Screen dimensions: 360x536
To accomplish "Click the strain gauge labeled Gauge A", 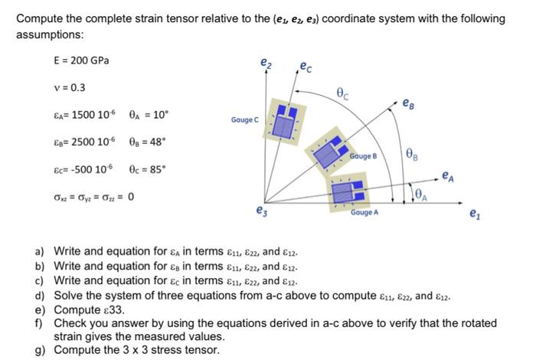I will coord(348,188).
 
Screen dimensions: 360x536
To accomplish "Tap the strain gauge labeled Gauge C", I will coord(286,119).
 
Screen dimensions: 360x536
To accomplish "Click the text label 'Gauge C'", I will coord(245,120).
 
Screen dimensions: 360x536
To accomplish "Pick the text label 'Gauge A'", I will coord(365,212).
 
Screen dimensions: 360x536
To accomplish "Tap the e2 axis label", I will coord(265,62).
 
